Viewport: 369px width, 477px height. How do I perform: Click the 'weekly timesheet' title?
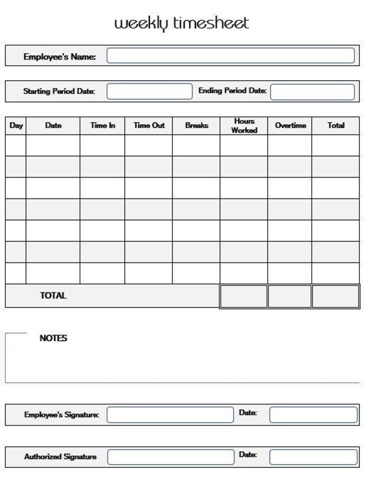181,24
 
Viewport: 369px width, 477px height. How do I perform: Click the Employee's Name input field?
230,56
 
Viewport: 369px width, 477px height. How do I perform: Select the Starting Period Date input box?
150,91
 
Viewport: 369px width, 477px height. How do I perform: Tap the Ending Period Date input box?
313,91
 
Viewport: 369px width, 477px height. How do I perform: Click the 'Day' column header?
16,126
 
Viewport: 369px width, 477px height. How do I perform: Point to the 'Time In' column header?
102,126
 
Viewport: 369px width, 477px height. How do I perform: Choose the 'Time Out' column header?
149,126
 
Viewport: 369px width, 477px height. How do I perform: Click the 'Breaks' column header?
196,126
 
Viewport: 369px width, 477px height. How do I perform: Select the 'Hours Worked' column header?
244,126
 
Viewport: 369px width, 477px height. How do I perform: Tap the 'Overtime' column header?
290,126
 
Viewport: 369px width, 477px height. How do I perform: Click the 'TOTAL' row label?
53,296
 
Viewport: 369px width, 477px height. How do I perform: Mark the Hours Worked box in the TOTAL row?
243,296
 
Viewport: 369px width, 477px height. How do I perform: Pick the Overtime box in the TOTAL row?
289,296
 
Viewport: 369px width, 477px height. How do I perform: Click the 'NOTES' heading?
53,338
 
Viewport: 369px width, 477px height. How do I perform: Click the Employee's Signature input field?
170,414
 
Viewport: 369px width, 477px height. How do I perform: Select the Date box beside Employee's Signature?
313,414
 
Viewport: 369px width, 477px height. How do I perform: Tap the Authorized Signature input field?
170,456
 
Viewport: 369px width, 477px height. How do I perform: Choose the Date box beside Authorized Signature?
313,456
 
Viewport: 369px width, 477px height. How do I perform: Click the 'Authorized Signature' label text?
60,457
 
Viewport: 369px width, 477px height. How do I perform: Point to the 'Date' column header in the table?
53,126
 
